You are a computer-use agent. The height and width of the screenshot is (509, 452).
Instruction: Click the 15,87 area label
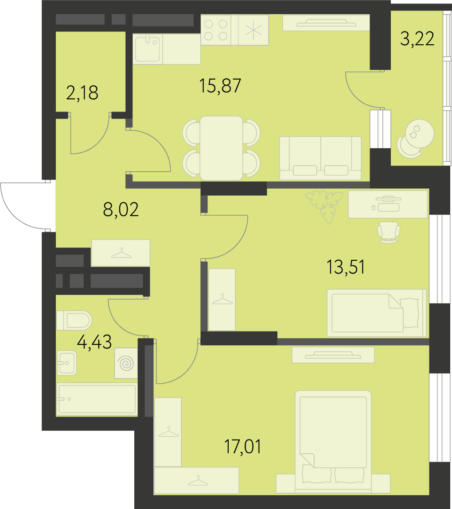[220, 86]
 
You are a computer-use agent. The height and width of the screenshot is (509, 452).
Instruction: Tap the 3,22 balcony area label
[417, 39]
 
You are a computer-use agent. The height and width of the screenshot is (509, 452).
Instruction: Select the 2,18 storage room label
[82, 93]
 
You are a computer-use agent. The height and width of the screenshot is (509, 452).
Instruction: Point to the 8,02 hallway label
[121, 209]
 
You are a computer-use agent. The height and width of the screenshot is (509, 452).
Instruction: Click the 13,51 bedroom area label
[345, 267]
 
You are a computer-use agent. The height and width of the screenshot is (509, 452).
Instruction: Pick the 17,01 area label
[242, 447]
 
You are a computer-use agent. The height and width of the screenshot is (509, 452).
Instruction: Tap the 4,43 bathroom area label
[94, 342]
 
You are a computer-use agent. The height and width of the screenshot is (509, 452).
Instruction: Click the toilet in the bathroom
[74, 320]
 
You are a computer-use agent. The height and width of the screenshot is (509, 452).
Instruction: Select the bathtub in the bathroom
[97, 399]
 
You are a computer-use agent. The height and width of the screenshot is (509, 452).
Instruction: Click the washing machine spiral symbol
[126, 363]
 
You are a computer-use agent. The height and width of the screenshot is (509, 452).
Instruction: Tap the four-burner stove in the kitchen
[216, 30]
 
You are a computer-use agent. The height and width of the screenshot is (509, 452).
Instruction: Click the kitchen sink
[148, 49]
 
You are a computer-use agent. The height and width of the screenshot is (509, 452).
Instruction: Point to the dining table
[221, 148]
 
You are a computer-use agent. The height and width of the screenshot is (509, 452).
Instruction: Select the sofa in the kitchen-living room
[320, 158]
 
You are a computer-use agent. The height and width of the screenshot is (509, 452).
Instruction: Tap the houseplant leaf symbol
[324, 206]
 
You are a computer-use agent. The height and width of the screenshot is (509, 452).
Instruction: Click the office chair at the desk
[388, 232]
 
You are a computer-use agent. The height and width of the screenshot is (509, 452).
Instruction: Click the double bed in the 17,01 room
[333, 442]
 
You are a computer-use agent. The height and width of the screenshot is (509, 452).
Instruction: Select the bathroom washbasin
[67, 363]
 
